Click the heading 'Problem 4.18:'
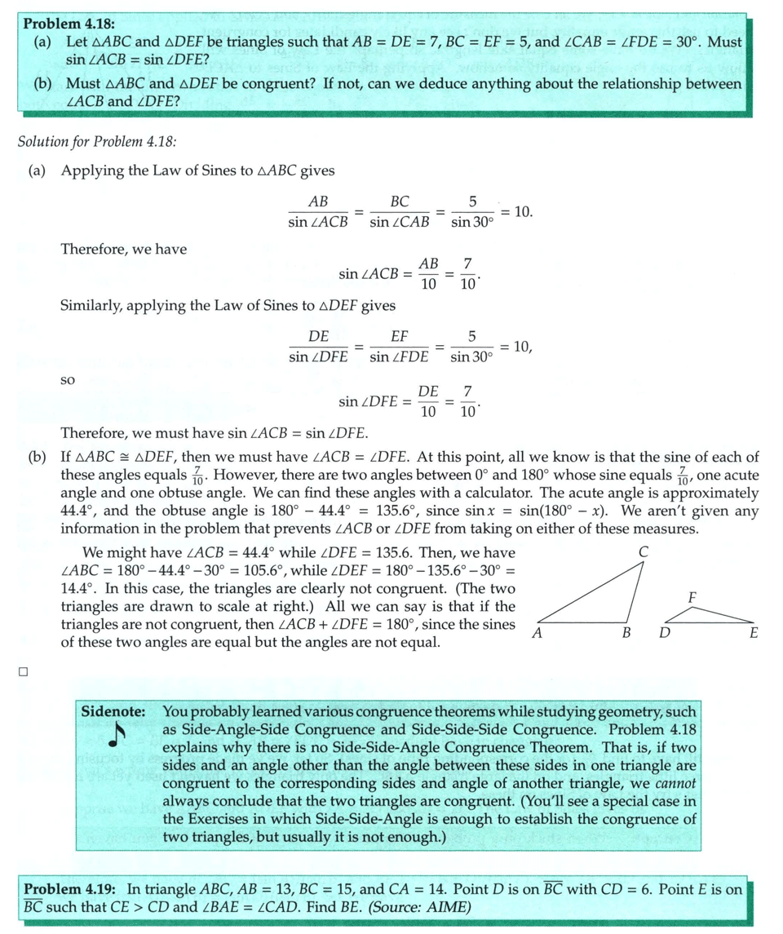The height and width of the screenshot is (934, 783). click(x=67, y=23)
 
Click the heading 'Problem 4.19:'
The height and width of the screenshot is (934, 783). click(x=70, y=889)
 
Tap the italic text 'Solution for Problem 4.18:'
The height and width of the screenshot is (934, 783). click(x=97, y=141)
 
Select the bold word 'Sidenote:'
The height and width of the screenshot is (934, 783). click(x=113, y=712)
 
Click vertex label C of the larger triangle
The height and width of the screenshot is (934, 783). click(x=644, y=552)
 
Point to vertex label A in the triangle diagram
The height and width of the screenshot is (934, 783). click(x=537, y=633)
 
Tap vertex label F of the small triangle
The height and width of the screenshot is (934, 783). click(x=692, y=597)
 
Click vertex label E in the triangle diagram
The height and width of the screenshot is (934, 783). click(x=753, y=633)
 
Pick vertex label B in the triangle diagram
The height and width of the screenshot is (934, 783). click(x=626, y=633)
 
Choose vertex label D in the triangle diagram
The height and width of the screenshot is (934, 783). click(x=665, y=633)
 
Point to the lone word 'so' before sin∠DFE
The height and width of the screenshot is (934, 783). click(x=69, y=380)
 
